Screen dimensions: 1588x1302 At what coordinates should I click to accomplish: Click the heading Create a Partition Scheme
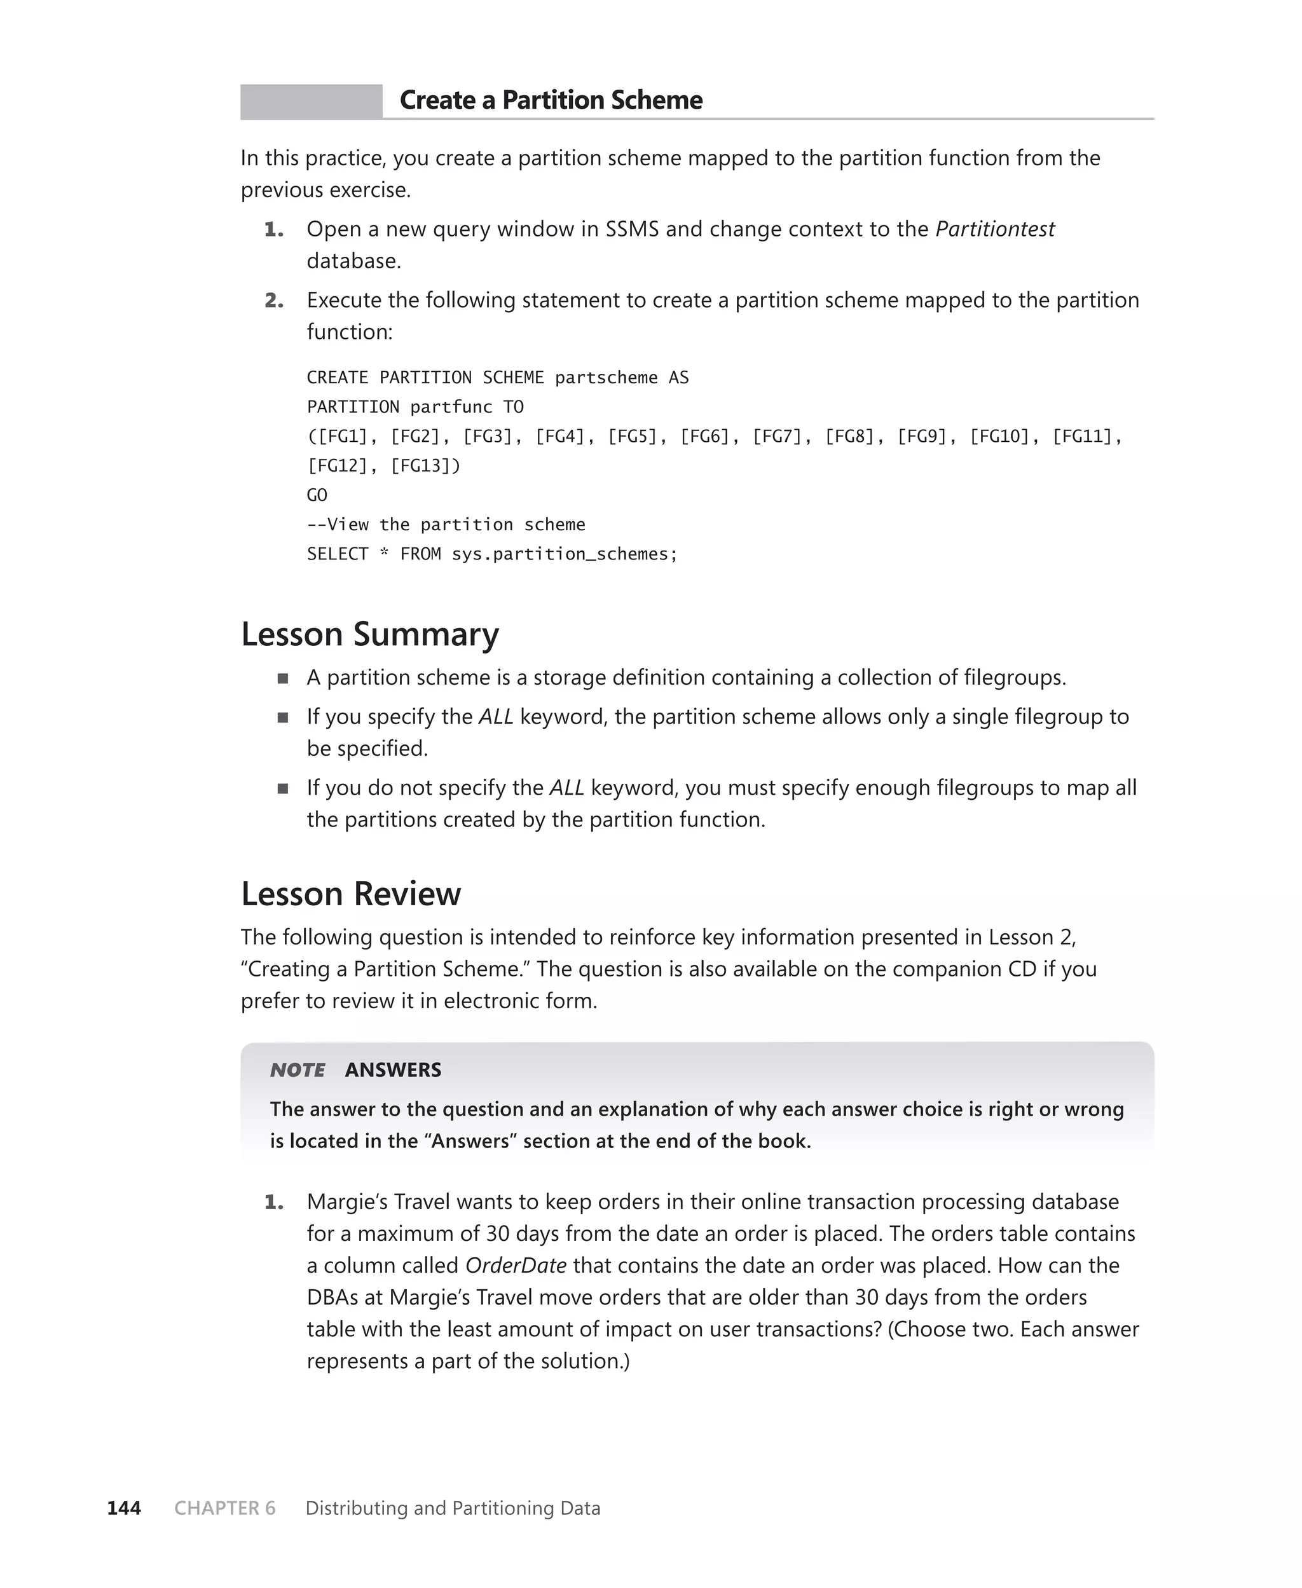[x=551, y=100]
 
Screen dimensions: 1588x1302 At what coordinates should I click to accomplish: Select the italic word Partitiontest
[x=994, y=229]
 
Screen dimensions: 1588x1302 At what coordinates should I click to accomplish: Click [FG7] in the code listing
[x=777, y=436]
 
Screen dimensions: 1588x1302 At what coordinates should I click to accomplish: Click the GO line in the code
[x=317, y=495]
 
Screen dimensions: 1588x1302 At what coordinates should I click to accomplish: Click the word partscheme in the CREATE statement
[x=606, y=378]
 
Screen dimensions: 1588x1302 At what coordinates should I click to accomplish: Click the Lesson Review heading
[x=350, y=894]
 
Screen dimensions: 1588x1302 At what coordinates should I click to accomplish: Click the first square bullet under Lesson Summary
[x=283, y=678]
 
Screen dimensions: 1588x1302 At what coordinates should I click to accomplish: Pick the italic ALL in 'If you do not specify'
[x=566, y=788]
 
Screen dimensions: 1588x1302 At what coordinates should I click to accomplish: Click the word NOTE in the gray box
[x=298, y=1070]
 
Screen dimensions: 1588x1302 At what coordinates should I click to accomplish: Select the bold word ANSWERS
[x=393, y=1070]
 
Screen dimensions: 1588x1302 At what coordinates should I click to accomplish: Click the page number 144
[x=124, y=1508]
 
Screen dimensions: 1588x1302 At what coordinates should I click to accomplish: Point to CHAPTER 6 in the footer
[x=224, y=1508]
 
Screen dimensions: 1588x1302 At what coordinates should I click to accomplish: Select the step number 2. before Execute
[x=274, y=301]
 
